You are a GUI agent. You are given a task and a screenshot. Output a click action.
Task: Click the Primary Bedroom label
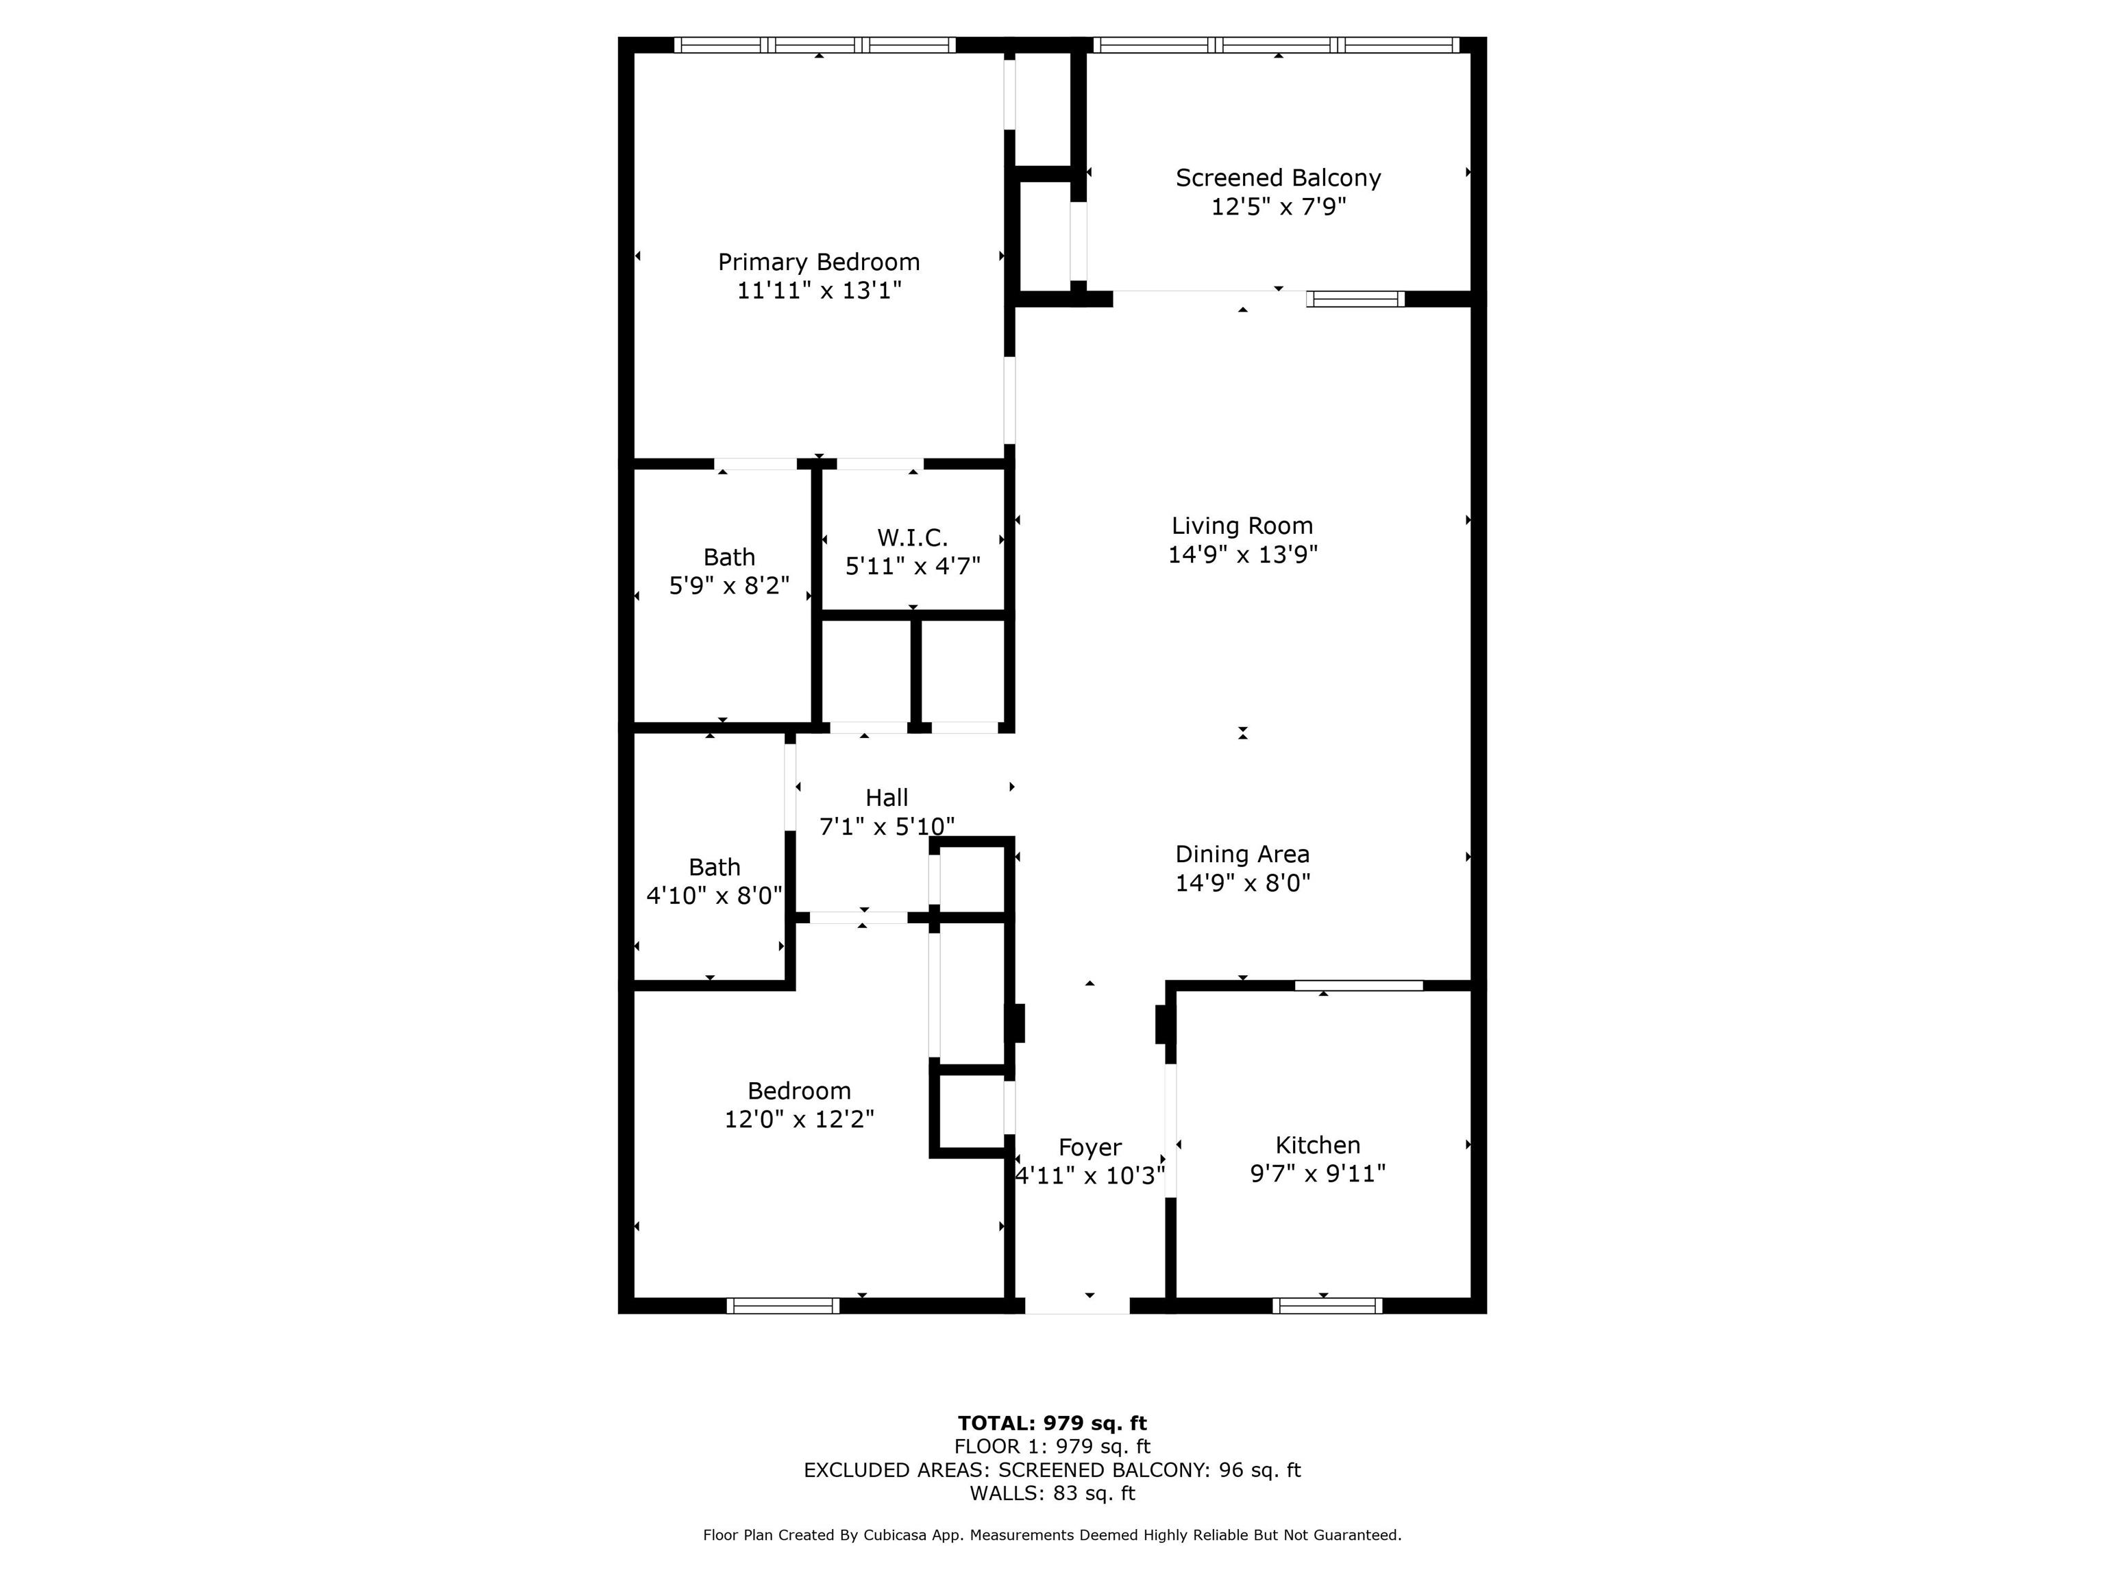[818, 262]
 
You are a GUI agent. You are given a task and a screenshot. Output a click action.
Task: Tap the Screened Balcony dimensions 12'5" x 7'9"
[1278, 206]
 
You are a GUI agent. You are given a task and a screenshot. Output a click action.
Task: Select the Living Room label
[1242, 526]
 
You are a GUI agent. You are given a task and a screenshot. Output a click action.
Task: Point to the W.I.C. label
[913, 538]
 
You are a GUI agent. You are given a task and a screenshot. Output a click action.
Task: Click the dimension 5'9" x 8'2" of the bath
[729, 585]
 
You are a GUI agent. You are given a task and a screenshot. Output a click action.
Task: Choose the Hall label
[886, 798]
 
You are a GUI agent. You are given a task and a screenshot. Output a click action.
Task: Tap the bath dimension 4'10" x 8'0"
[714, 896]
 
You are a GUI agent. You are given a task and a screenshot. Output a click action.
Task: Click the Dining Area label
[1242, 855]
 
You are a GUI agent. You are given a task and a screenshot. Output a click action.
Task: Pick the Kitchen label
[1317, 1145]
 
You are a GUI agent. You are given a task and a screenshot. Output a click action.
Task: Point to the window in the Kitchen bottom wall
[1327, 1306]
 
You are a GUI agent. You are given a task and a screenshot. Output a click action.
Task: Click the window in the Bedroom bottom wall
[783, 1306]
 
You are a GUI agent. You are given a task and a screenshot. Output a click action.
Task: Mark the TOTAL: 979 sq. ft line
[1052, 1423]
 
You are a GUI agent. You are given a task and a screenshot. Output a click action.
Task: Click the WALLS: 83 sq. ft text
[1052, 1493]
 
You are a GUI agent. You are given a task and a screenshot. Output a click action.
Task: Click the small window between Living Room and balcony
[1355, 299]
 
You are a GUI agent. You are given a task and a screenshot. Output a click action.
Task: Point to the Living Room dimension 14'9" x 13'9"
[1242, 554]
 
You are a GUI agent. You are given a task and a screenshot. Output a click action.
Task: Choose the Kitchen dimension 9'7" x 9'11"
[1317, 1173]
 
